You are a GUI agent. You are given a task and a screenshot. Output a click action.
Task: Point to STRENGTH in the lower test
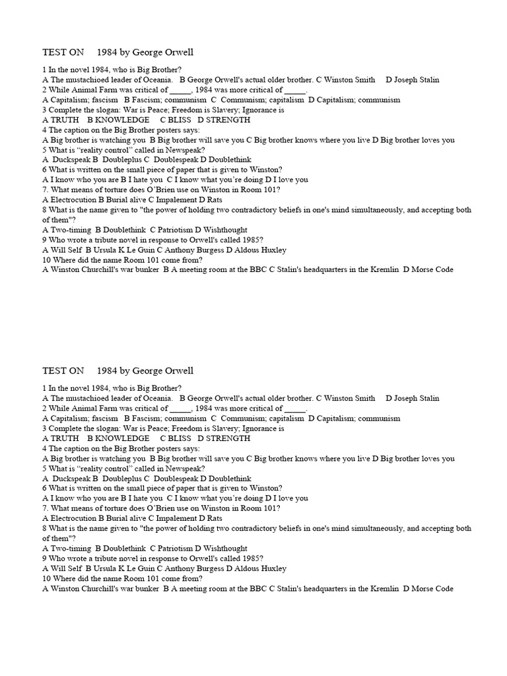[x=228, y=438]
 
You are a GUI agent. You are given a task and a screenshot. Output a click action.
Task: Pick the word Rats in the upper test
[x=215, y=199]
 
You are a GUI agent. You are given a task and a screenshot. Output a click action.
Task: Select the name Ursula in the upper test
[x=106, y=250]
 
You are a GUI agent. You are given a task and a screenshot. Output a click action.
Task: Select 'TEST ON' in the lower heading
[x=63, y=370]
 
